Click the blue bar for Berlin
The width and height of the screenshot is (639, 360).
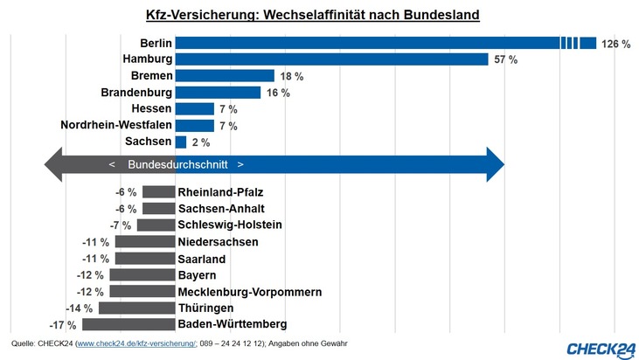tap(367, 43)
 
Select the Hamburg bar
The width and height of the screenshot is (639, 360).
tap(331, 59)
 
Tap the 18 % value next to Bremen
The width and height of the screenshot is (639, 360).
tap(291, 76)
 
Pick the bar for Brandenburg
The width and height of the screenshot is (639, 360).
tap(218, 93)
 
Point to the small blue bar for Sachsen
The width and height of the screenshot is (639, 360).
tap(181, 142)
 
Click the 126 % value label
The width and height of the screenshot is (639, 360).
tap(615, 43)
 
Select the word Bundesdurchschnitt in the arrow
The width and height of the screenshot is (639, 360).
tap(177, 164)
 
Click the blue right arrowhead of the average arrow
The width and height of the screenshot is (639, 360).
tap(495, 164)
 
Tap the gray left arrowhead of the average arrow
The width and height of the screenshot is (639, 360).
tap(52, 164)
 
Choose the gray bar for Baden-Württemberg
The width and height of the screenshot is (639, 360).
tap(128, 325)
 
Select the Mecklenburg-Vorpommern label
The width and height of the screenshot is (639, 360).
tap(250, 292)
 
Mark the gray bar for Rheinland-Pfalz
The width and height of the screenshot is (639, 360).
tap(158, 192)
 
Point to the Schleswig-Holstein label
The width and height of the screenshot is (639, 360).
tap(230, 225)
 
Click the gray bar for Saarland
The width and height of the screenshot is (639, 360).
tap(145, 259)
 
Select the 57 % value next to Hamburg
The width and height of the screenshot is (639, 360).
tap(506, 59)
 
